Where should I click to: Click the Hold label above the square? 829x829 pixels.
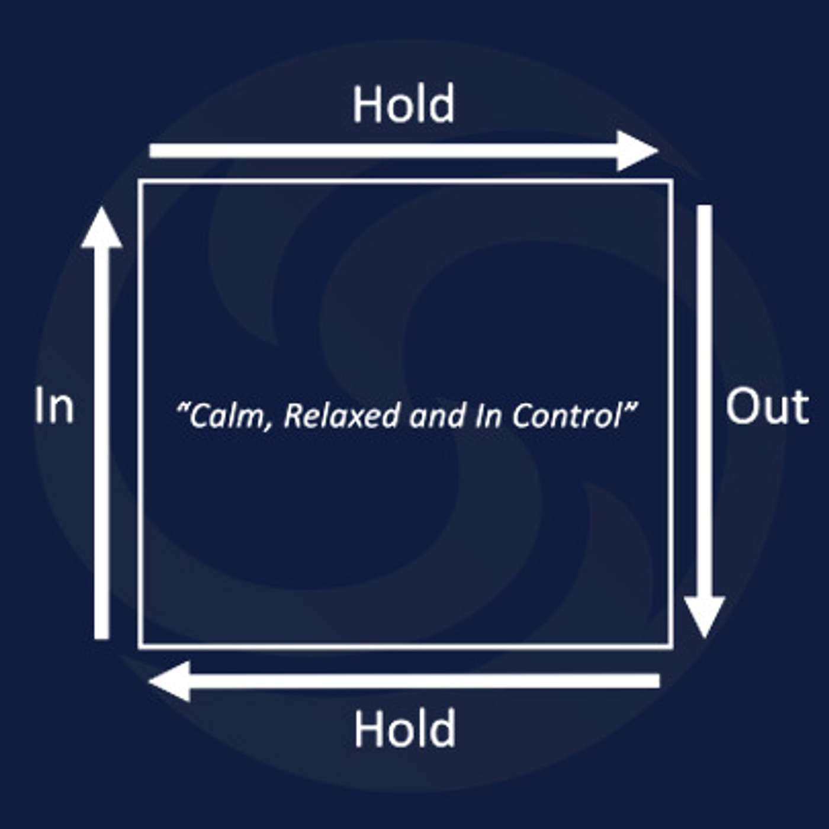[404, 104]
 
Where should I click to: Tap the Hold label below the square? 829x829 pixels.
[405, 728]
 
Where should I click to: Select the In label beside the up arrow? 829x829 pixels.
[54, 406]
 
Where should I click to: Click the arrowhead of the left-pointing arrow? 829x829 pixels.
[171, 681]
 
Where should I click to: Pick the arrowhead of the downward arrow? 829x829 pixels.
[705, 616]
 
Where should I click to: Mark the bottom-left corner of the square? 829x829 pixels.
[140, 647]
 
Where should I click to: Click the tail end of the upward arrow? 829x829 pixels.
[102, 636]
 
